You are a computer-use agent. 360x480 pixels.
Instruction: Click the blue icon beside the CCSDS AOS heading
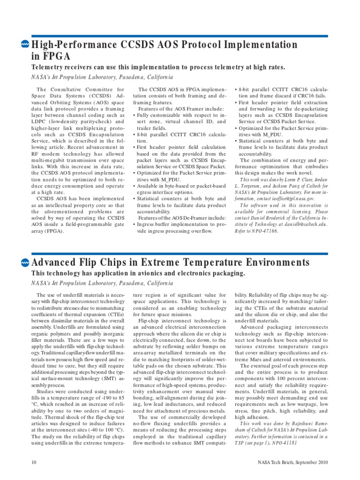(25, 45)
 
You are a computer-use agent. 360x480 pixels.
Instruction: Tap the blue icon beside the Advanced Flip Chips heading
(25, 262)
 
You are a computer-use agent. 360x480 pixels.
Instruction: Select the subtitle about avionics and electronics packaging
(138, 273)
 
